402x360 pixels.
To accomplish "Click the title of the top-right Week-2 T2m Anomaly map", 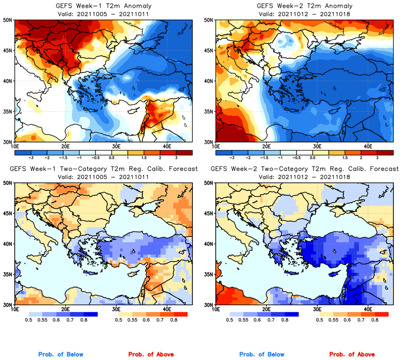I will [x=304, y=6].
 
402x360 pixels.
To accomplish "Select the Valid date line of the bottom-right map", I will [x=304, y=177].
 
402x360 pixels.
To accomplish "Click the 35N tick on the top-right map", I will [x=209, y=111].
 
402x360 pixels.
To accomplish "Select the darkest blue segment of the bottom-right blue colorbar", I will [x=291, y=314].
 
